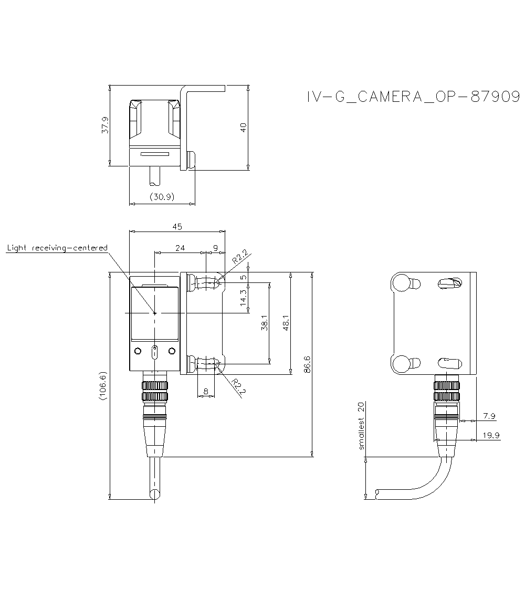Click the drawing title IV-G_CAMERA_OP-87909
[x=413, y=97]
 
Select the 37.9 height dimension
[x=105, y=125]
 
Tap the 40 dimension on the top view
[x=243, y=127]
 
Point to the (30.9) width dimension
[x=162, y=197]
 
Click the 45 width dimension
[x=177, y=227]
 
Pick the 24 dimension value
[x=180, y=248]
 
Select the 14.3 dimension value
[x=243, y=298]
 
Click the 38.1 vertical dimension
[x=264, y=323]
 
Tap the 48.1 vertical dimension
[x=286, y=323]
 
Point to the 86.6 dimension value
[x=307, y=364]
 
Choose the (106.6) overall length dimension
[x=103, y=386]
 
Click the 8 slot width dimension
[x=205, y=391]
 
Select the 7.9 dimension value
[x=489, y=416]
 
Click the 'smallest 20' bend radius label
[x=361, y=426]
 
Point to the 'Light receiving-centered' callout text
[x=57, y=248]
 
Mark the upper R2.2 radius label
[x=239, y=258]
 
